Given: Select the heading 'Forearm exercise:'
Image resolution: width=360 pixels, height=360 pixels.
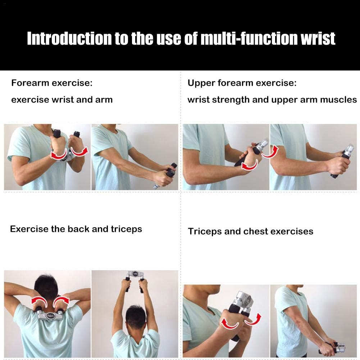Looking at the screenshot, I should tap(52, 83).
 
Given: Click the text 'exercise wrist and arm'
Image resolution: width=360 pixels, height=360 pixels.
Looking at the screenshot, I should tap(62, 100).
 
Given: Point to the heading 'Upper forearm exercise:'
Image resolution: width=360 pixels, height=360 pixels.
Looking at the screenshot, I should tap(242, 83).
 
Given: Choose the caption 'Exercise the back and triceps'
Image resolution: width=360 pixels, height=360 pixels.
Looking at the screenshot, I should tap(76, 229).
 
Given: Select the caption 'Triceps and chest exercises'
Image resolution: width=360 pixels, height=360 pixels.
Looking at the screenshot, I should tap(250, 231).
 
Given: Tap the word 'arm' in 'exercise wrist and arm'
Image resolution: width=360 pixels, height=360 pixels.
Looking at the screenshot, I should tap(104, 100).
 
